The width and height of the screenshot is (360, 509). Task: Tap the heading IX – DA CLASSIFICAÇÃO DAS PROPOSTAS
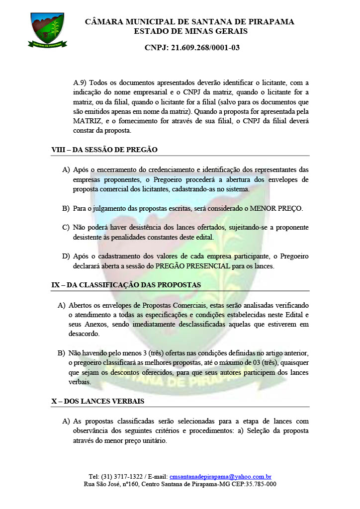126,285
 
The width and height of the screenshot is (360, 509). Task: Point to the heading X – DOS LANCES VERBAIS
97,401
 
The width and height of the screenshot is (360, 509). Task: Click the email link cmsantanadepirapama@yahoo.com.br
220,476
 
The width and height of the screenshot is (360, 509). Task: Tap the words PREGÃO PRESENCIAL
194,266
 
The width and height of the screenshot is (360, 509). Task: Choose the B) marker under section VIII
66,208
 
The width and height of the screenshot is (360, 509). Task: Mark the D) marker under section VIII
66,256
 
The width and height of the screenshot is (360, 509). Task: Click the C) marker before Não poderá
66,228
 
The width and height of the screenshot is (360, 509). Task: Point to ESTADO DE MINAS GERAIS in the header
190,31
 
